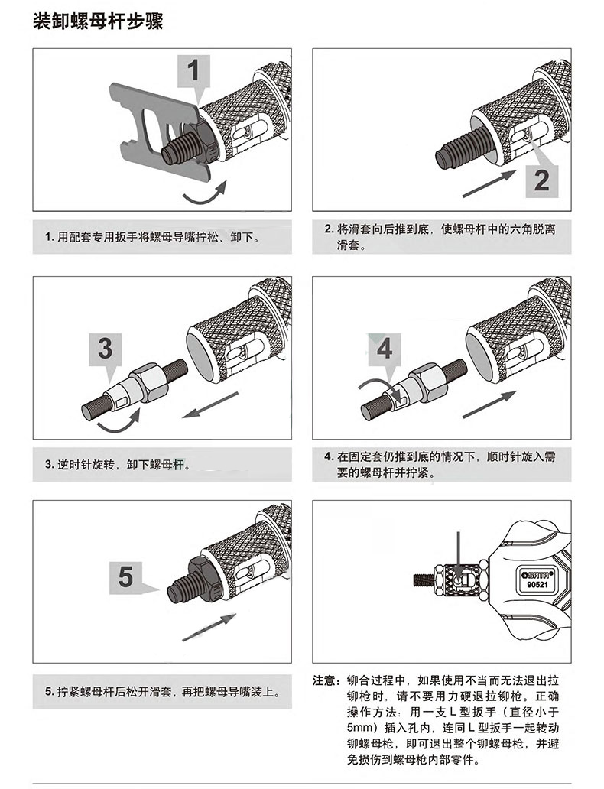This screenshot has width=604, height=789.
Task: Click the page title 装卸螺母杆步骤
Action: (98, 21)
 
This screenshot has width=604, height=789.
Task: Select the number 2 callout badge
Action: (541, 180)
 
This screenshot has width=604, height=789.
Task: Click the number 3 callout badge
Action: (106, 349)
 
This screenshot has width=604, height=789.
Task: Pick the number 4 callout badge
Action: (385, 349)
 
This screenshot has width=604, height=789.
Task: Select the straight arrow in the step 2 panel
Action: (489, 183)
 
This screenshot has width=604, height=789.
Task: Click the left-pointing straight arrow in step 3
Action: (210, 405)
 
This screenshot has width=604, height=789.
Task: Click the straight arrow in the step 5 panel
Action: (209, 627)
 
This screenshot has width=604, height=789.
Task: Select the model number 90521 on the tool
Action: (537, 585)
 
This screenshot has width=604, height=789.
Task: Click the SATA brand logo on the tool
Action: (537, 574)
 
